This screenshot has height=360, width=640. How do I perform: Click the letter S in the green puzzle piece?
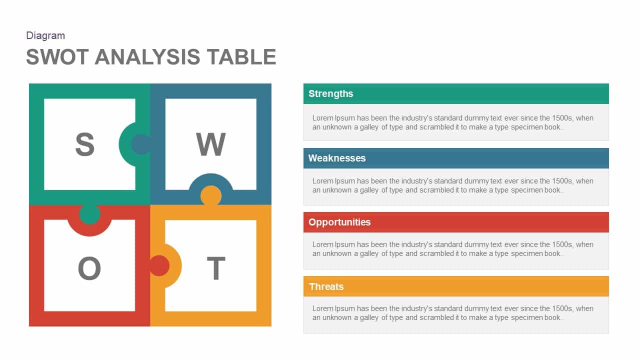point(85,144)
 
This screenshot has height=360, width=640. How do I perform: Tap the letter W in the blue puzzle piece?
point(210,144)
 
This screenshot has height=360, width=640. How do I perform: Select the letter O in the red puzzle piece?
point(89,268)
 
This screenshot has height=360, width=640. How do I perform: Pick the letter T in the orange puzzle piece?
point(216,268)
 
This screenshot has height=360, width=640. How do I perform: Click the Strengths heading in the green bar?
point(330,93)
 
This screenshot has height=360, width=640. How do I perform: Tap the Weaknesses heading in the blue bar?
point(337,158)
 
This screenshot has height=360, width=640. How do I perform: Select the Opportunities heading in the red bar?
point(339,222)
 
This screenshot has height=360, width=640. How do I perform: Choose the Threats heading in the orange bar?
point(326,286)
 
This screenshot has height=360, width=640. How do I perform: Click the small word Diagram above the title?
point(45,35)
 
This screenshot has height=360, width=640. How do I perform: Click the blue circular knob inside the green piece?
point(140,144)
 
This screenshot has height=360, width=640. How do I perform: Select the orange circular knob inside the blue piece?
point(211,195)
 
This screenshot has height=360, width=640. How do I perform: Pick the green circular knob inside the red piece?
point(89,214)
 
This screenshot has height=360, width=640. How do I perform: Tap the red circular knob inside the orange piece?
point(159,265)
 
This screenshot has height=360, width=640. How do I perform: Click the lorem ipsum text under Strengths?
point(452,122)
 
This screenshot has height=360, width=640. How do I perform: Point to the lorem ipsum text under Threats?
point(452,313)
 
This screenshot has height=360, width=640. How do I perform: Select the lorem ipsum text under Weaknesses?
point(452,185)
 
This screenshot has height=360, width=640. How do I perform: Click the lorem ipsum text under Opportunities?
point(452,249)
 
